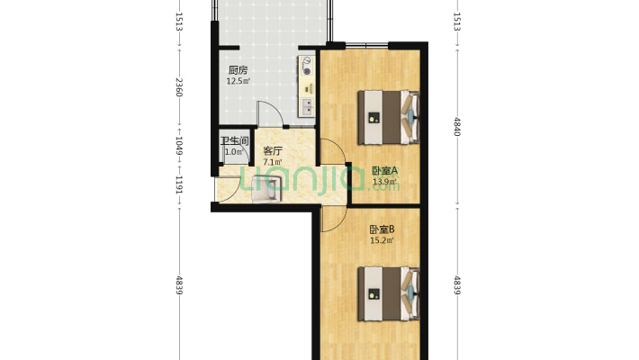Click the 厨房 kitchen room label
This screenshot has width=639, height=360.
coord(238,70)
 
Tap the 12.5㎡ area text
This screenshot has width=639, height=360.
coord(238,81)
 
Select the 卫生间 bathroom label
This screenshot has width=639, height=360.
coord(235,140)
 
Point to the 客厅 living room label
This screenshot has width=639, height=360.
coord(273,151)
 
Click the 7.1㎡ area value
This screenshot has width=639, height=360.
coord(273,162)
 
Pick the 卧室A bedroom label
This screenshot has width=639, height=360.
coord(385,170)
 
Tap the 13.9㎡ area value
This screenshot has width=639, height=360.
coord(385,182)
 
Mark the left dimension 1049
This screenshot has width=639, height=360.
coord(180,144)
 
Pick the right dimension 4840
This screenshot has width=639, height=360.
coord(457,128)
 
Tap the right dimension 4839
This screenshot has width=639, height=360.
coord(457,287)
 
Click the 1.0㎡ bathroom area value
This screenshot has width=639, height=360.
coord(232,151)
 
